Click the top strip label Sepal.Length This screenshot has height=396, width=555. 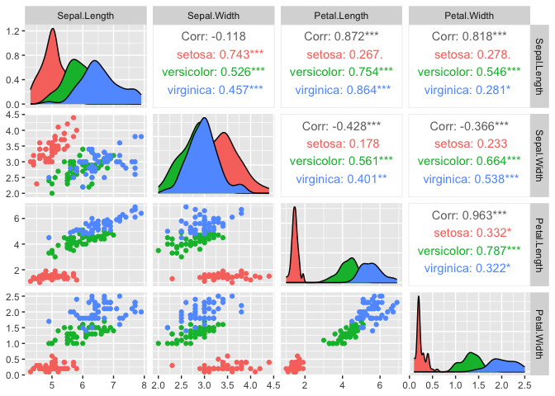pos(87,16)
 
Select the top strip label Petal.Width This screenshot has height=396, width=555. pos(467,16)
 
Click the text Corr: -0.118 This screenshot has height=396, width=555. pos(213,37)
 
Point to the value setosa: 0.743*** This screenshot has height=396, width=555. pos(213,54)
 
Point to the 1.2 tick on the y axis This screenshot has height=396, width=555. pos(15,31)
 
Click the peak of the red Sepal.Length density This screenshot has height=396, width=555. pos(52,30)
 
